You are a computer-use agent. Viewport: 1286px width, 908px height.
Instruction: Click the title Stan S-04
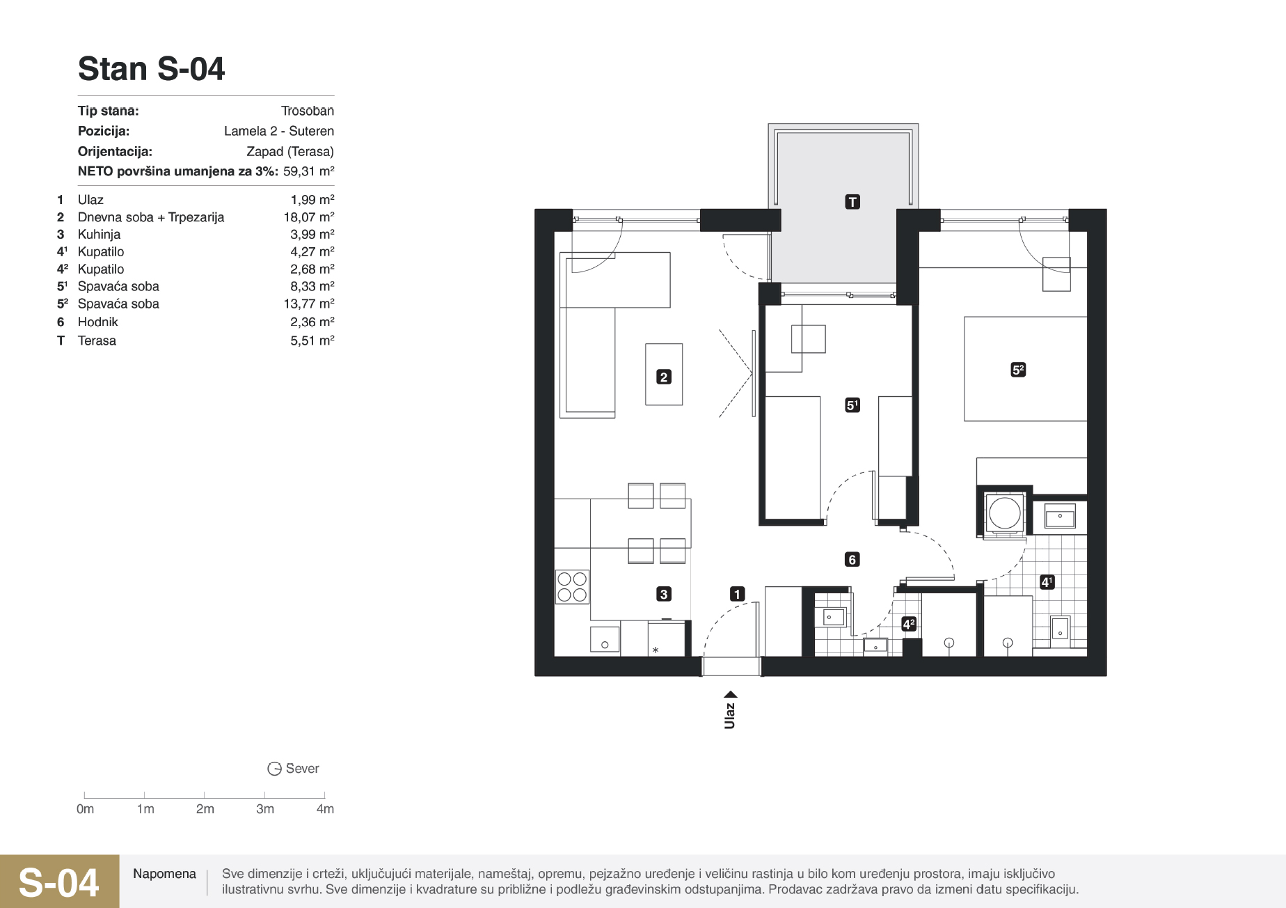(151, 69)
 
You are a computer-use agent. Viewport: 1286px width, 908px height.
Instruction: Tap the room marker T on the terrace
(852, 202)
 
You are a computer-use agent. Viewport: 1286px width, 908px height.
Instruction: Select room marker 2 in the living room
(664, 377)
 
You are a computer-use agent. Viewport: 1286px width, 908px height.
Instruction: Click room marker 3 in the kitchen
(664, 594)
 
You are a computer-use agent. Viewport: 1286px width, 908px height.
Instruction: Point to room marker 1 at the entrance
(737, 594)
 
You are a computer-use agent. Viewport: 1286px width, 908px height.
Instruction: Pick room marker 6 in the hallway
(852, 559)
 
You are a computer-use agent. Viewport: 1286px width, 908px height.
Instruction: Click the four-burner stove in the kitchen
(572, 586)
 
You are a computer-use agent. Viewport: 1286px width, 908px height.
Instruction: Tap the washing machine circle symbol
(1004, 513)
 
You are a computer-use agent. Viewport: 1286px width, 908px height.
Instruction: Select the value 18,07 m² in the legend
(309, 217)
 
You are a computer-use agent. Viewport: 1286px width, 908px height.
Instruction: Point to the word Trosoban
(308, 111)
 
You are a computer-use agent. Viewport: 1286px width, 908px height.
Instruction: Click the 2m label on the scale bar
(205, 809)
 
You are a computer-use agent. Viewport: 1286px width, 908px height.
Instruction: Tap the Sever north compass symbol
(275, 769)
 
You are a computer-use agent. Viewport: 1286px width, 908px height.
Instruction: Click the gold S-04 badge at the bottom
(59, 882)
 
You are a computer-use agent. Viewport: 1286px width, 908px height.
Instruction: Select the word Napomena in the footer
(164, 874)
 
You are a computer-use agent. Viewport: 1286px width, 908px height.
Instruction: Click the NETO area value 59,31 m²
(309, 171)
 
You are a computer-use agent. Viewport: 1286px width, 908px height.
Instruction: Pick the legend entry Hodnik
(98, 322)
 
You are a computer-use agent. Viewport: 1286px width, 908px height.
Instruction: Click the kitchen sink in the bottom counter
(605, 639)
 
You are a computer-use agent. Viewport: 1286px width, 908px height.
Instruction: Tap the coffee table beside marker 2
(664, 374)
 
